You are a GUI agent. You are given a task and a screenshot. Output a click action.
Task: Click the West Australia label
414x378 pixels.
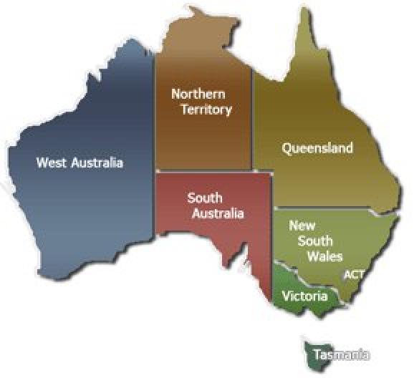coord(80,163)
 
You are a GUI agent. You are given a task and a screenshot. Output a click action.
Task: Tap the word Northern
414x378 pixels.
coord(198,94)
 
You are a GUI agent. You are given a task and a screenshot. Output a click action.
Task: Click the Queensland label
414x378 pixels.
coord(317,148)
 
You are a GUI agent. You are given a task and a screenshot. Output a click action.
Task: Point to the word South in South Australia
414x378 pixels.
coord(205,198)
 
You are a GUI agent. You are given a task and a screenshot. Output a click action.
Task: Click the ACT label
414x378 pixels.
coord(354,274)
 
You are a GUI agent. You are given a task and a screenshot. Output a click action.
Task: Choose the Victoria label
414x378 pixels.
coord(304,295)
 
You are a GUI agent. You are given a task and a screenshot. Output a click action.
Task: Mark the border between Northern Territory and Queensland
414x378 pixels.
coord(253,122)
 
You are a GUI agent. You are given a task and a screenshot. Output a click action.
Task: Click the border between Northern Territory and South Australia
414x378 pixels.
coord(204,172)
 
